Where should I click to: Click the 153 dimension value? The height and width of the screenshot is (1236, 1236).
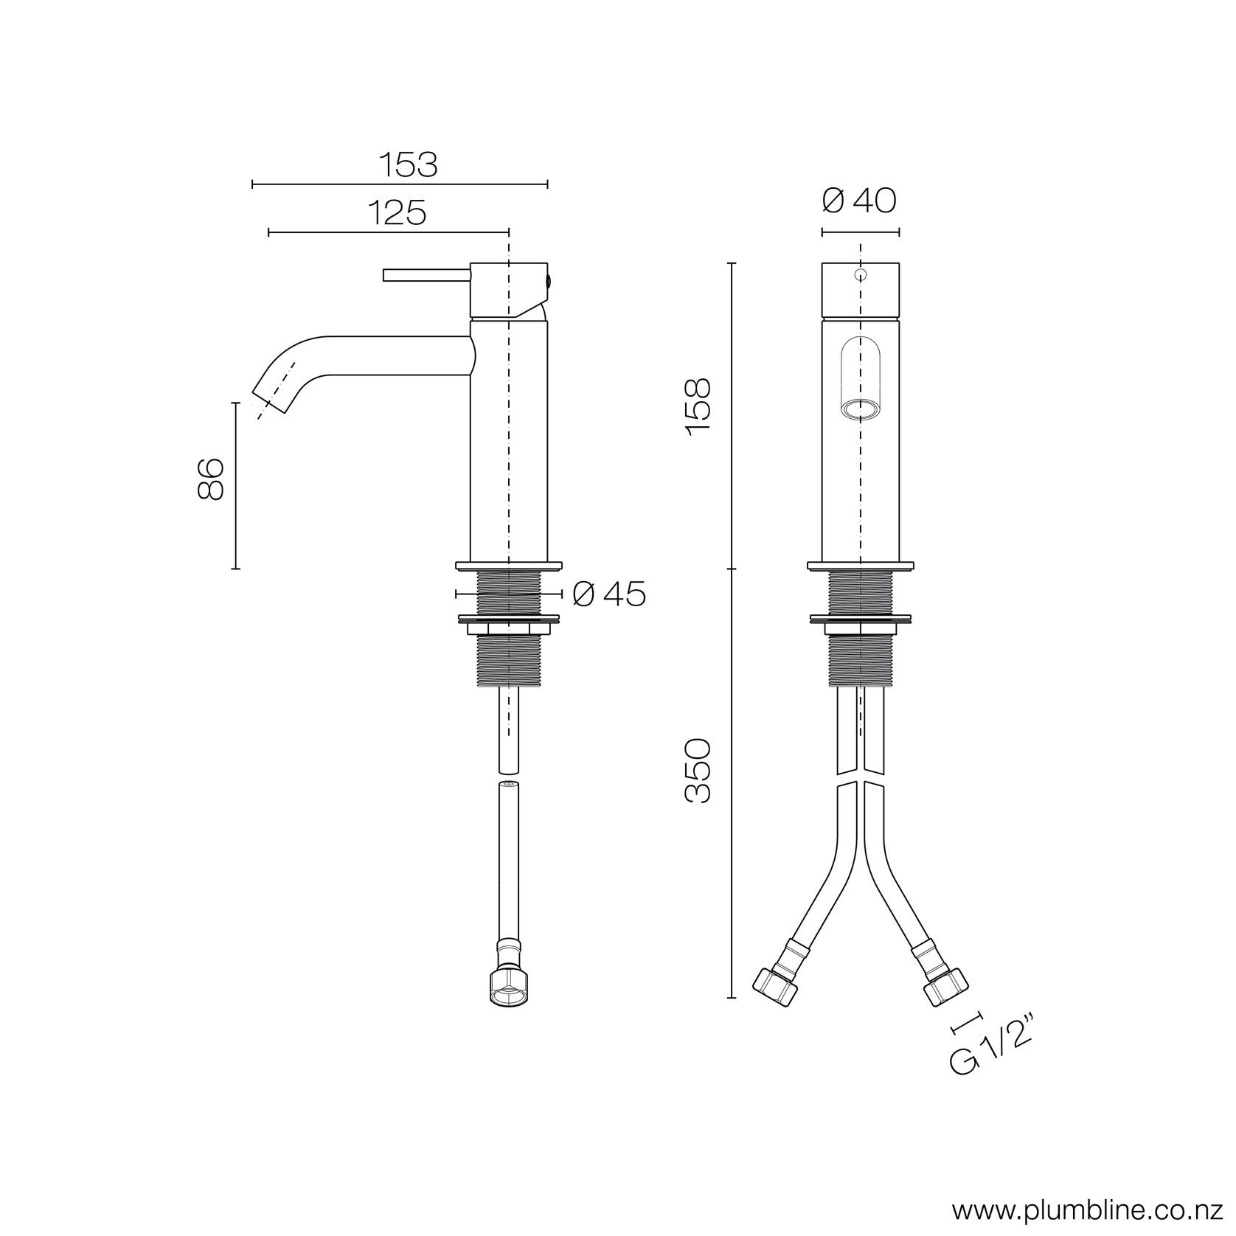pos(409,164)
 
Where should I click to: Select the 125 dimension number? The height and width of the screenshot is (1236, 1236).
pos(397,213)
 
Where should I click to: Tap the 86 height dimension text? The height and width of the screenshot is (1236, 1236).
pos(211,479)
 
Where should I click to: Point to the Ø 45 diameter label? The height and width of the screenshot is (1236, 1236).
pos(608,594)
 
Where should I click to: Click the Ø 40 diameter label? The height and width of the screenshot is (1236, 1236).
pos(859,200)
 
